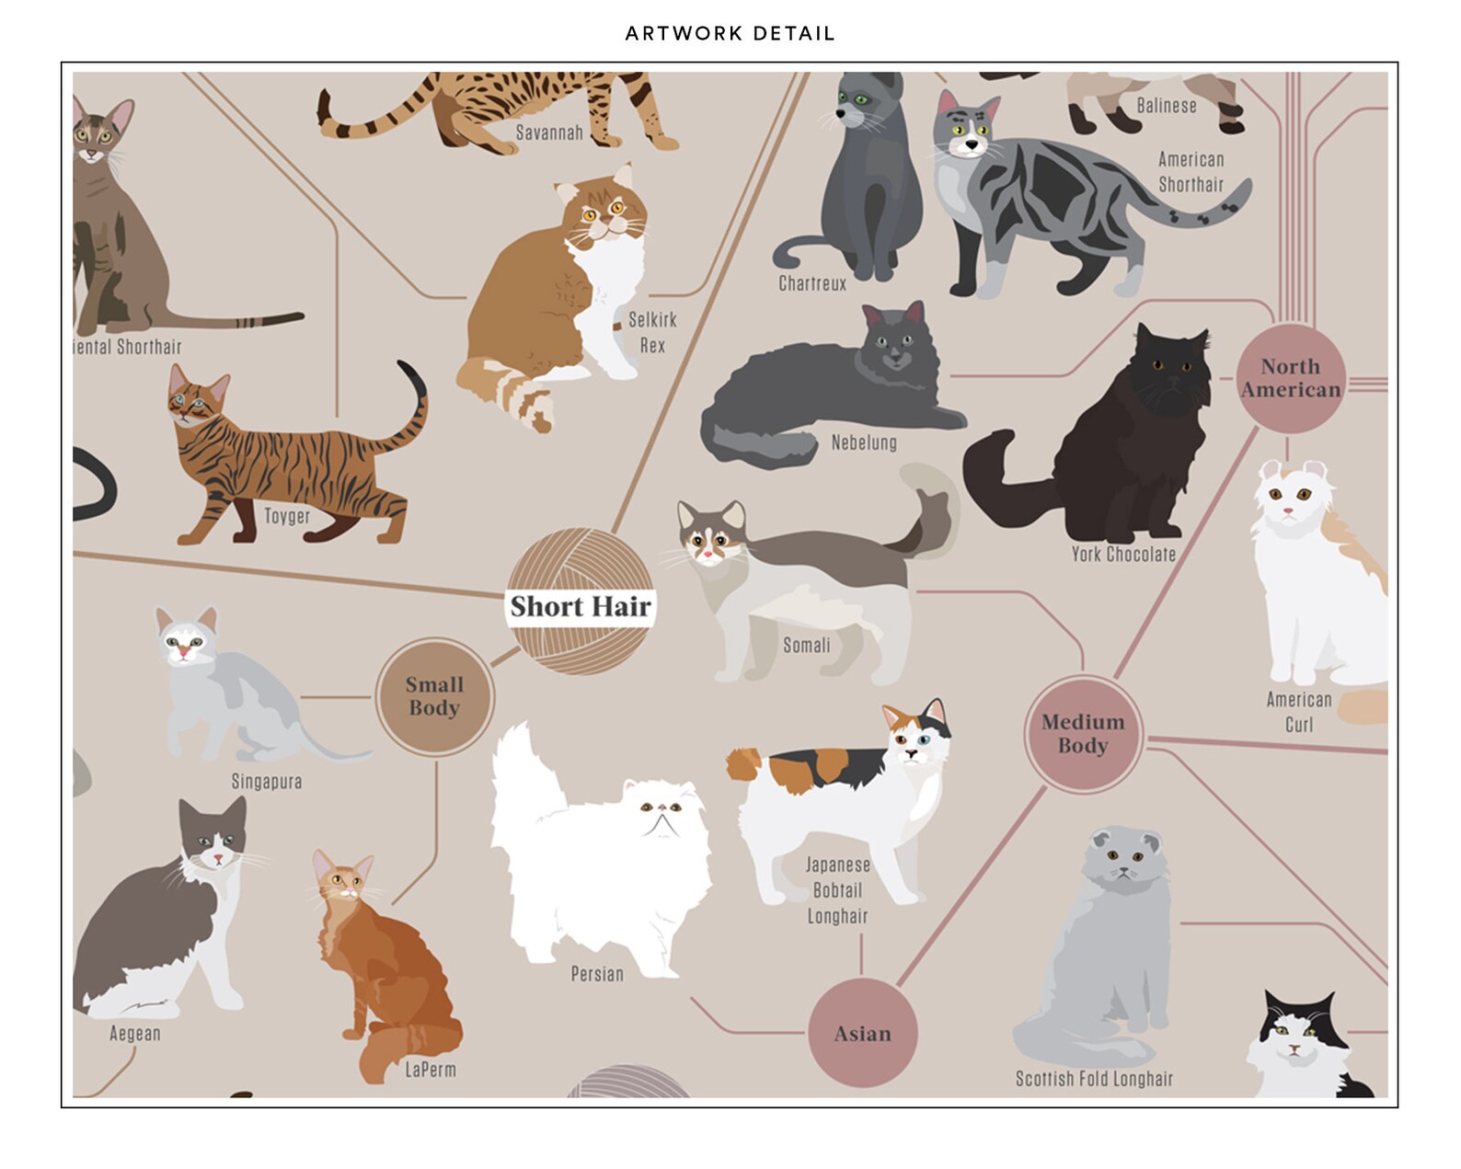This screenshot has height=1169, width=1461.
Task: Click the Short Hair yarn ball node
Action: click(581, 603)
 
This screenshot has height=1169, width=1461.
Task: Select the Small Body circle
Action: click(434, 697)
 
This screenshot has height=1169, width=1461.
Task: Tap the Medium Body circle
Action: click(1083, 734)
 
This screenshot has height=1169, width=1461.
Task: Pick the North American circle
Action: click(1291, 378)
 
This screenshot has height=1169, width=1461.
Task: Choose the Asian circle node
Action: click(862, 1034)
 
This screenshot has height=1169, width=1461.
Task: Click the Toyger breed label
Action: click(287, 516)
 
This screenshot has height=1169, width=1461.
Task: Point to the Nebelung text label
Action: click(864, 442)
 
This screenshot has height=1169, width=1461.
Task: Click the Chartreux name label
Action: click(812, 283)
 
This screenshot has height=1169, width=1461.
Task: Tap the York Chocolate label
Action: click(1123, 555)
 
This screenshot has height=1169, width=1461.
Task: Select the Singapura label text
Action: click(266, 782)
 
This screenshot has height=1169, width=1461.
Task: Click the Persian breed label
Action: click(597, 974)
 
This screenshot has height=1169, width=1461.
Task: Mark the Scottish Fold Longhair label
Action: click(1094, 1079)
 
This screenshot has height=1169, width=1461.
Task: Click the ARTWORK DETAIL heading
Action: click(730, 34)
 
